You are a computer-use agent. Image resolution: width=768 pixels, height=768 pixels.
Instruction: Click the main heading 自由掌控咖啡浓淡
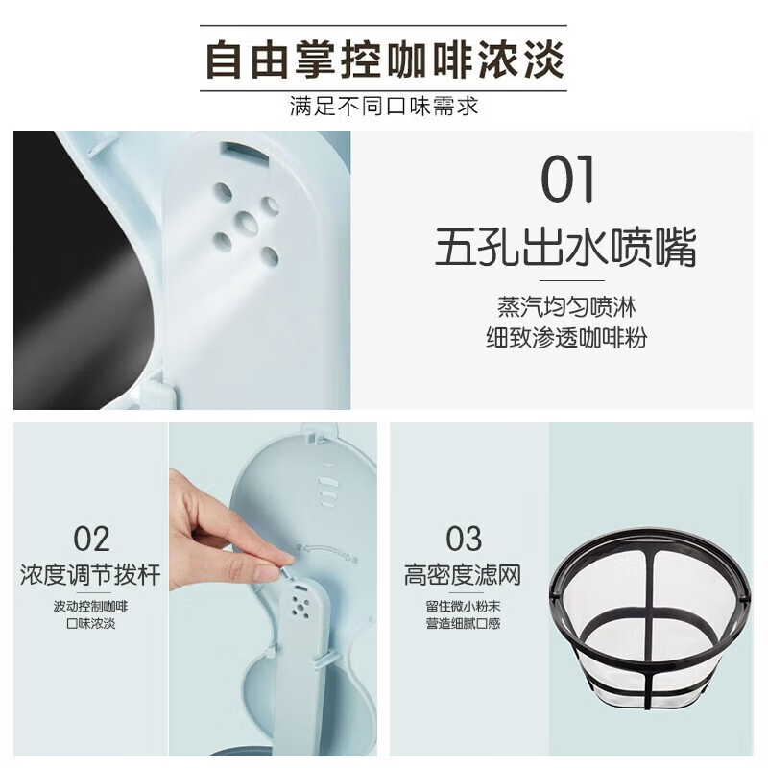pos(385,60)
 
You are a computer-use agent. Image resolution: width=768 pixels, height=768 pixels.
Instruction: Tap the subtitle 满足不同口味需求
pos(383,106)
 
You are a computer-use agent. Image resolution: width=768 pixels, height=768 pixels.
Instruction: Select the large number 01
pos(567,179)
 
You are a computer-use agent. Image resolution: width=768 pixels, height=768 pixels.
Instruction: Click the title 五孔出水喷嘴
pos(565,247)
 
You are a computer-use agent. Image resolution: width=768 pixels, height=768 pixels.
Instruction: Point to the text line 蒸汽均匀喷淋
pos(566,307)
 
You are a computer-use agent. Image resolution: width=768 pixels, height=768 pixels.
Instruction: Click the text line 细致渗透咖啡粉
pos(566,338)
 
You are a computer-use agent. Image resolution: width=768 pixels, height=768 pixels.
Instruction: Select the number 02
pos(91,539)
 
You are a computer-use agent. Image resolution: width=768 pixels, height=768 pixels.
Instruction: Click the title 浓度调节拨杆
pos(90,574)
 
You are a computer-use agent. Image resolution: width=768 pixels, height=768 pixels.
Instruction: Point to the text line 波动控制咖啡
pos(90,607)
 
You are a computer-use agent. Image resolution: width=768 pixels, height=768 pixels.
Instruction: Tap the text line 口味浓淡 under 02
pos(90,623)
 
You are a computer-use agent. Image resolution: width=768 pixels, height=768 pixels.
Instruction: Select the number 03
pos(464,539)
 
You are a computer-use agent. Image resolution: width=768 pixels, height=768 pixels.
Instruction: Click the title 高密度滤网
pos(463,574)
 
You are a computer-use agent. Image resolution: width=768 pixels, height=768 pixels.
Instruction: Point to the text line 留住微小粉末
pos(463,607)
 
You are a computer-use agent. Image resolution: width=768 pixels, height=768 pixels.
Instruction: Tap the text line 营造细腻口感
pos(463,623)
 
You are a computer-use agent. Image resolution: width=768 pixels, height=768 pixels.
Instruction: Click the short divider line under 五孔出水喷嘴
pos(571,280)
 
